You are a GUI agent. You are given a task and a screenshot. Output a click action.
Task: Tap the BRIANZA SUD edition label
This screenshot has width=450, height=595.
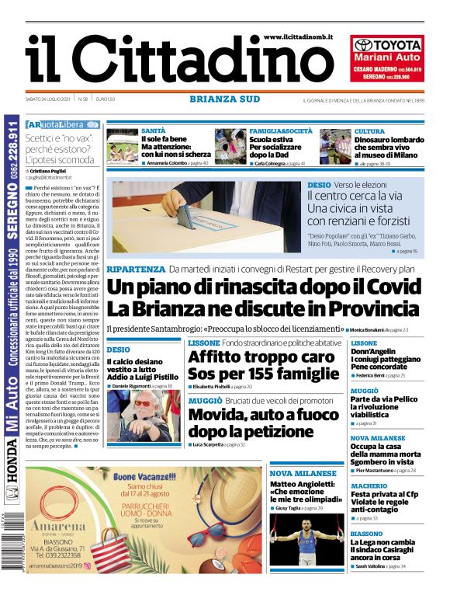pos(224,99)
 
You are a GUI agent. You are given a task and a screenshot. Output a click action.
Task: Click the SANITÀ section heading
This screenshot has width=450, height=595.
pos(153,130)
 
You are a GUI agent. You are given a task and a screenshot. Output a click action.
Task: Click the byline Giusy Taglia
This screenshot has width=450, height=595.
pos(288,508)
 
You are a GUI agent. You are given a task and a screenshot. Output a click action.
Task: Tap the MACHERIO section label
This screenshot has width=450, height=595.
pos(369,486)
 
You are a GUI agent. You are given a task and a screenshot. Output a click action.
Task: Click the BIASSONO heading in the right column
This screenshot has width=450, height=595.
pos(366,534)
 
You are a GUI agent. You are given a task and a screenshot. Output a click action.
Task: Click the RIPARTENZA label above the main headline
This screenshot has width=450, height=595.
pos(135,269)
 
